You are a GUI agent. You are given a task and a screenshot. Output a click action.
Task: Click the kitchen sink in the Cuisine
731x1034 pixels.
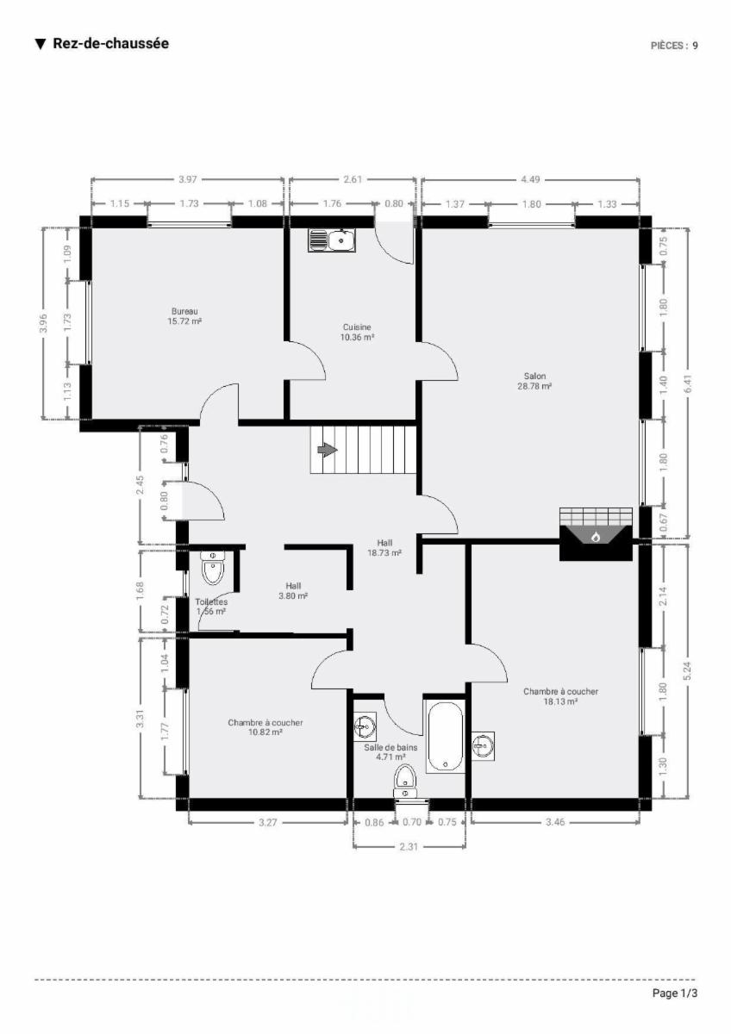point(332,240)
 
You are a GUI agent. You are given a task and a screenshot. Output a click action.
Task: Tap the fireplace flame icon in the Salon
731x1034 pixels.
point(596,537)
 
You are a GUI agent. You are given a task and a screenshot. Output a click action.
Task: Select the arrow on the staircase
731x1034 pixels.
point(328,450)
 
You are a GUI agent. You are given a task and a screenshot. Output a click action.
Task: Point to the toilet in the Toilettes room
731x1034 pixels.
point(213,568)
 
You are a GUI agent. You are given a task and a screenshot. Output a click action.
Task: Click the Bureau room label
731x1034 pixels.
point(184,311)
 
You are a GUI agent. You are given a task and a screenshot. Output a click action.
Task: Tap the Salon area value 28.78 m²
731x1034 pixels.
point(534,386)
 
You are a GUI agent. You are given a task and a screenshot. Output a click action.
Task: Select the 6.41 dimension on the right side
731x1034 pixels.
point(689,383)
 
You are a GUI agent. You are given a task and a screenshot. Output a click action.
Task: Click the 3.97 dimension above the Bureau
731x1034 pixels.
point(187,179)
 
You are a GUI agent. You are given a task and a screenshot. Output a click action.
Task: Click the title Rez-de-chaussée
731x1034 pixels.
point(111,43)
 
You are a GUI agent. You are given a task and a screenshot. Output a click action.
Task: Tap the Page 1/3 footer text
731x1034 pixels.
point(675,993)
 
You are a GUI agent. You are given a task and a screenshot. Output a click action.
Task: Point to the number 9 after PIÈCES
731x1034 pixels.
point(695,46)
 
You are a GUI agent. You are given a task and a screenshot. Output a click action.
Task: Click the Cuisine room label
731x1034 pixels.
point(357,327)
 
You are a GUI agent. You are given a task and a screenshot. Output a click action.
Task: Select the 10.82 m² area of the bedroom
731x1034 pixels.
point(265,732)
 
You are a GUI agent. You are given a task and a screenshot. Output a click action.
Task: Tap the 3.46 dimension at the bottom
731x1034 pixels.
point(555,822)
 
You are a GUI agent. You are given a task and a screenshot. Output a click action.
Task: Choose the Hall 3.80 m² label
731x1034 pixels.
point(293,591)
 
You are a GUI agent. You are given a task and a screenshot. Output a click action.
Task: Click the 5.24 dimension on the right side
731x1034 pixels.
point(688,671)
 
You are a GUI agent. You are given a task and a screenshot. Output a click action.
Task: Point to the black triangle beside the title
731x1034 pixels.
point(41,44)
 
